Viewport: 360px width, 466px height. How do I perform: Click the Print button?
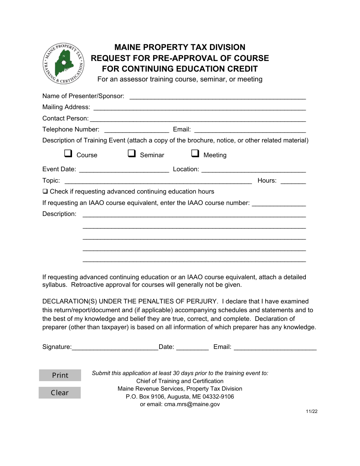[x=60, y=375]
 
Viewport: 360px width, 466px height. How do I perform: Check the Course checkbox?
[x=68, y=153]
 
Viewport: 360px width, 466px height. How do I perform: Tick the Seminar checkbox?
[x=131, y=153]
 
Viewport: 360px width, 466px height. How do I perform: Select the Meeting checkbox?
[x=195, y=153]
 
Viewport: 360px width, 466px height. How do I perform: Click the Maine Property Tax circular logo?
[x=64, y=63]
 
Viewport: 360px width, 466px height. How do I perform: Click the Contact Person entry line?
[x=198, y=118]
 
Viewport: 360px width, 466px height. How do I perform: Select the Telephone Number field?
[x=136, y=129]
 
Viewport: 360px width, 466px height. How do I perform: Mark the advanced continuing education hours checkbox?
[x=45, y=191]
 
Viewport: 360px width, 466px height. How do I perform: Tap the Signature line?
[x=115, y=347]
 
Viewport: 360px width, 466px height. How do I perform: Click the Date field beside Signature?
[x=193, y=347]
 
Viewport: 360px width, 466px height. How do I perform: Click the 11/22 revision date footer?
[x=312, y=412]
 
